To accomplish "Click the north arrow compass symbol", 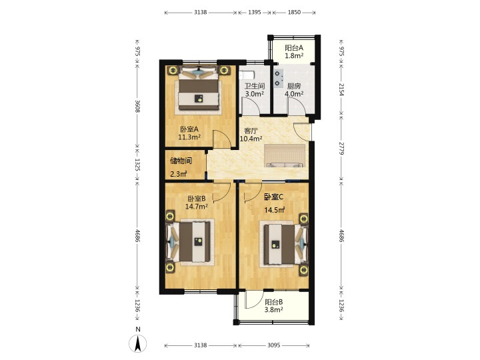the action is tap(138, 343).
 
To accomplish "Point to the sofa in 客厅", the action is tap(285, 156).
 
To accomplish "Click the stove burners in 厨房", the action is tap(278, 79).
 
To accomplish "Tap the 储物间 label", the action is tap(181, 161).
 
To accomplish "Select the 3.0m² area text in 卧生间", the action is tap(255, 94).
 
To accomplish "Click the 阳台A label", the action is tap(294, 48).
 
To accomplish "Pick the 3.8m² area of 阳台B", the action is tap(274, 309).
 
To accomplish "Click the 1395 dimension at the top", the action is tap(255, 12).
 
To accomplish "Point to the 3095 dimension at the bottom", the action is tap(274, 345).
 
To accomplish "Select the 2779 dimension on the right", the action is tap(341, 148).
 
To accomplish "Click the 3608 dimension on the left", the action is tap(138, 106).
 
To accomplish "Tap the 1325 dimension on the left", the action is tap(138, 165).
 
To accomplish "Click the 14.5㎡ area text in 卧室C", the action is tap(275, 210).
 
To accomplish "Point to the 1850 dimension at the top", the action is tap(294, 12).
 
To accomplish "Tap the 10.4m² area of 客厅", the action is tap(251, 139).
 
